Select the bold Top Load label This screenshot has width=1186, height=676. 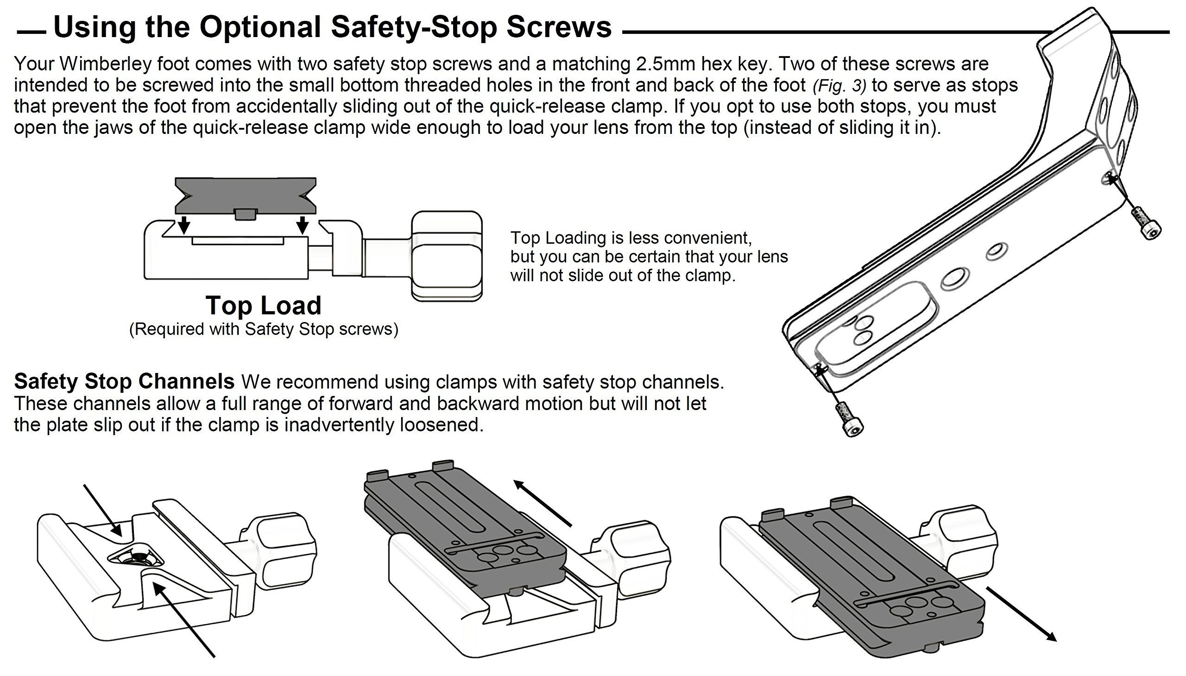(263, 305)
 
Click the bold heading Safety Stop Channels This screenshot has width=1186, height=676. (124, 382)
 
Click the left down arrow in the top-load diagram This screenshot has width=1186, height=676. (184, 224)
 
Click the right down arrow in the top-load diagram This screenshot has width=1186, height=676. (303, 224)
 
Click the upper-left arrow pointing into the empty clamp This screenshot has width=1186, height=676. (103, 510)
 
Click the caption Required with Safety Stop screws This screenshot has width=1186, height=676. (263, 329)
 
